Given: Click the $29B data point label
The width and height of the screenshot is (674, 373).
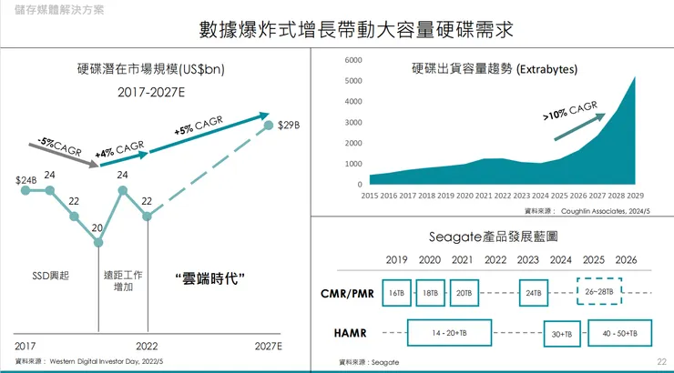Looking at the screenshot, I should click(289, 125).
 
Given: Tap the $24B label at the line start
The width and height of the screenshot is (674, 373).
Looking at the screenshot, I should click(26, 180).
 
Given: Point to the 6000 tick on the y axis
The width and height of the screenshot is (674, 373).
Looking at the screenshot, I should click(353, 59).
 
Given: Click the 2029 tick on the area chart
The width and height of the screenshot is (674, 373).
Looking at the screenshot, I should click(636, 195).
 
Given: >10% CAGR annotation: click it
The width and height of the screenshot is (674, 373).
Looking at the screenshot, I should click(570, 112).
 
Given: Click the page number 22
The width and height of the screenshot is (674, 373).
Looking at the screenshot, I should click(661, 362).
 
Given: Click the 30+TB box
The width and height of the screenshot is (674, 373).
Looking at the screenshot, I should click(562, 334).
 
